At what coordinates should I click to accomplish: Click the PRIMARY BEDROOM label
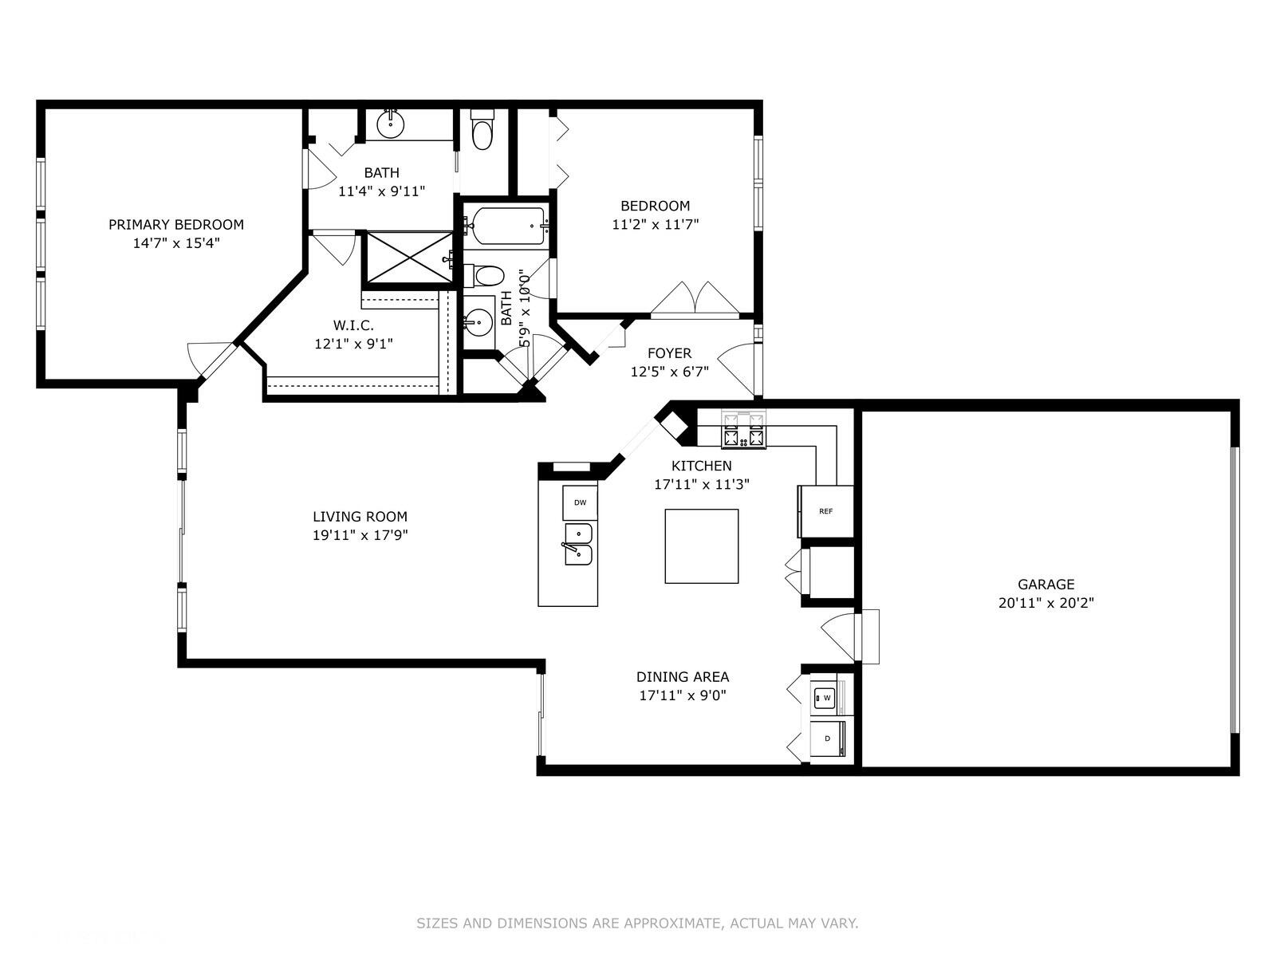(176, 224)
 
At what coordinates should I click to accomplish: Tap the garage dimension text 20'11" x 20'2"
(1046, 603)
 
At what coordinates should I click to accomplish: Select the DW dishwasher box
(580, 502)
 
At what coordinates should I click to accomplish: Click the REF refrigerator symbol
(825, 511)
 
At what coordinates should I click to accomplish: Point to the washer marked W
(824, 698)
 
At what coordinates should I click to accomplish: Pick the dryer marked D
(827, 738)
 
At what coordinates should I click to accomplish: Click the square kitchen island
(702, 546)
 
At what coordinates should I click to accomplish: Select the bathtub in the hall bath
(508, 226)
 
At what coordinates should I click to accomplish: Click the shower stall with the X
(408, 258)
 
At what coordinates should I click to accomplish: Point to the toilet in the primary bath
(482, 129)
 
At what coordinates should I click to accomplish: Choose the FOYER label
(670, 353)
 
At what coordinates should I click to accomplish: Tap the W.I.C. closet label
(353, 325)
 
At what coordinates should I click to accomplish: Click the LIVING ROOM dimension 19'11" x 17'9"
(360, 535)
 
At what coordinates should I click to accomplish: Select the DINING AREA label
(683, 677)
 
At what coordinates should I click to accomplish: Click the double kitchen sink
(578, 545)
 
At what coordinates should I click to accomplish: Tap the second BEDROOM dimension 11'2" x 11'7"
(656, 224)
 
